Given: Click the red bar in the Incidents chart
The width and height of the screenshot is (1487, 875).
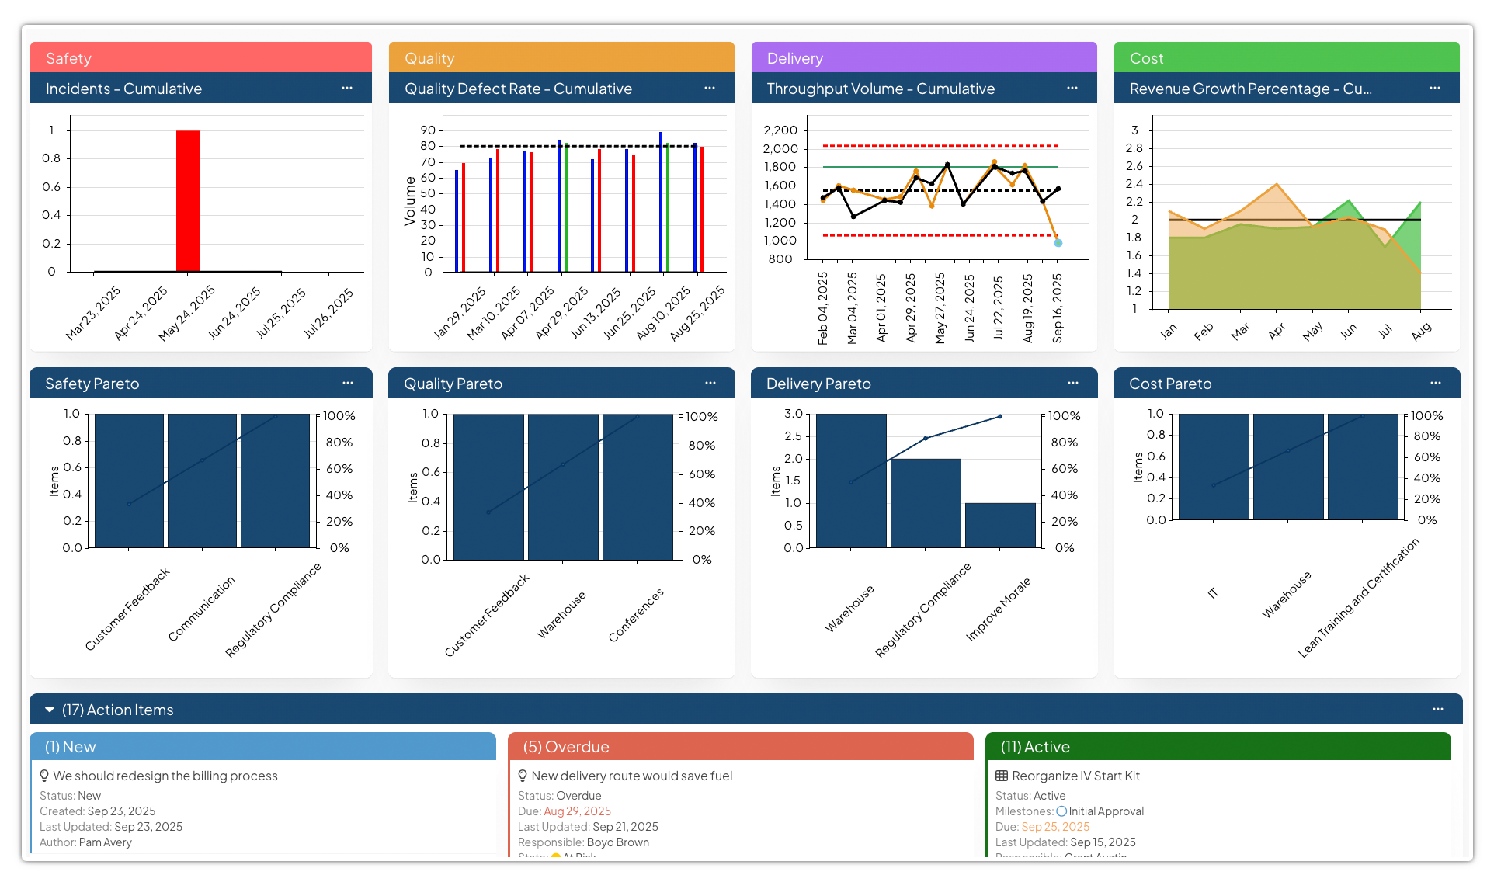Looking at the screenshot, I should pos(188,201).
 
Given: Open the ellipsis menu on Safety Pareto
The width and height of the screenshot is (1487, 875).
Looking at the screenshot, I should pos(347,383).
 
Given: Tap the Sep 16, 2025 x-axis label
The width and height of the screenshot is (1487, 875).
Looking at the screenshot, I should pos(1057,308).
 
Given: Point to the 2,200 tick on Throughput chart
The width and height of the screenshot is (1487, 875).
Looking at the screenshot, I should pos(780,130).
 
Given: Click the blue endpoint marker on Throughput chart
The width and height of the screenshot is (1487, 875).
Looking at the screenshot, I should pos(1058,243).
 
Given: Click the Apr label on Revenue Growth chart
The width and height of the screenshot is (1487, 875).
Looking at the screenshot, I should pos(1276,332).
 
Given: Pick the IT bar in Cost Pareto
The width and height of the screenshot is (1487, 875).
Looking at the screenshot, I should pos(1214,467).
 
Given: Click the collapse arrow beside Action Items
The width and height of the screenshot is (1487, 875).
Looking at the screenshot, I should pos(50,710).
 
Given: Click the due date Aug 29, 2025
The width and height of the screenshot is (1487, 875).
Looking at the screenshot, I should pos(577,811).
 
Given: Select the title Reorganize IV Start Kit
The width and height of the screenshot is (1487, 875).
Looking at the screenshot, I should pos(1075,776).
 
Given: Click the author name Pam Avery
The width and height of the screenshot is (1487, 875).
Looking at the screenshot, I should pos(106,842).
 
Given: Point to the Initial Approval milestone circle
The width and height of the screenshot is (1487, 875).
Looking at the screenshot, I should pos(1061,811).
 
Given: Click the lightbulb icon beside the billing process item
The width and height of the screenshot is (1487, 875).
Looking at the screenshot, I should pos(44,776).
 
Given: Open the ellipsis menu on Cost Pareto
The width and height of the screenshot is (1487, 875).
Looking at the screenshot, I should pos(1435,383).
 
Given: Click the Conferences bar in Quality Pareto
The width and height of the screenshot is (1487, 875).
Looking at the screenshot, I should pos(638,487).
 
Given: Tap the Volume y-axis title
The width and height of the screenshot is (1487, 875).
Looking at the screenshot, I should pos(410,201).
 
